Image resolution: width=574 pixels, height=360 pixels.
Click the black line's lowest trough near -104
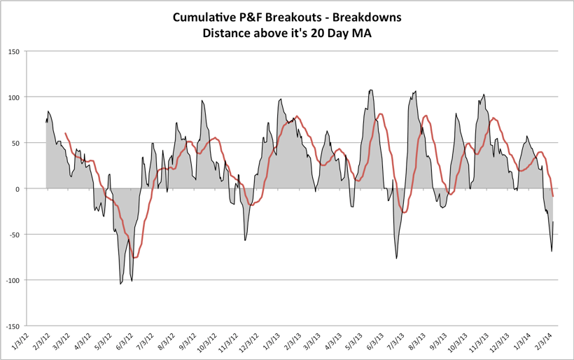(x=120, y=284)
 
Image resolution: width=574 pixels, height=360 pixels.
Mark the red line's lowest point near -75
(x=135, y=258)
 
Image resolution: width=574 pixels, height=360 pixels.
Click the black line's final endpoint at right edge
(x=553, y=222)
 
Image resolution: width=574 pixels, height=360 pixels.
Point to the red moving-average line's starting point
(x=65, y=133)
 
